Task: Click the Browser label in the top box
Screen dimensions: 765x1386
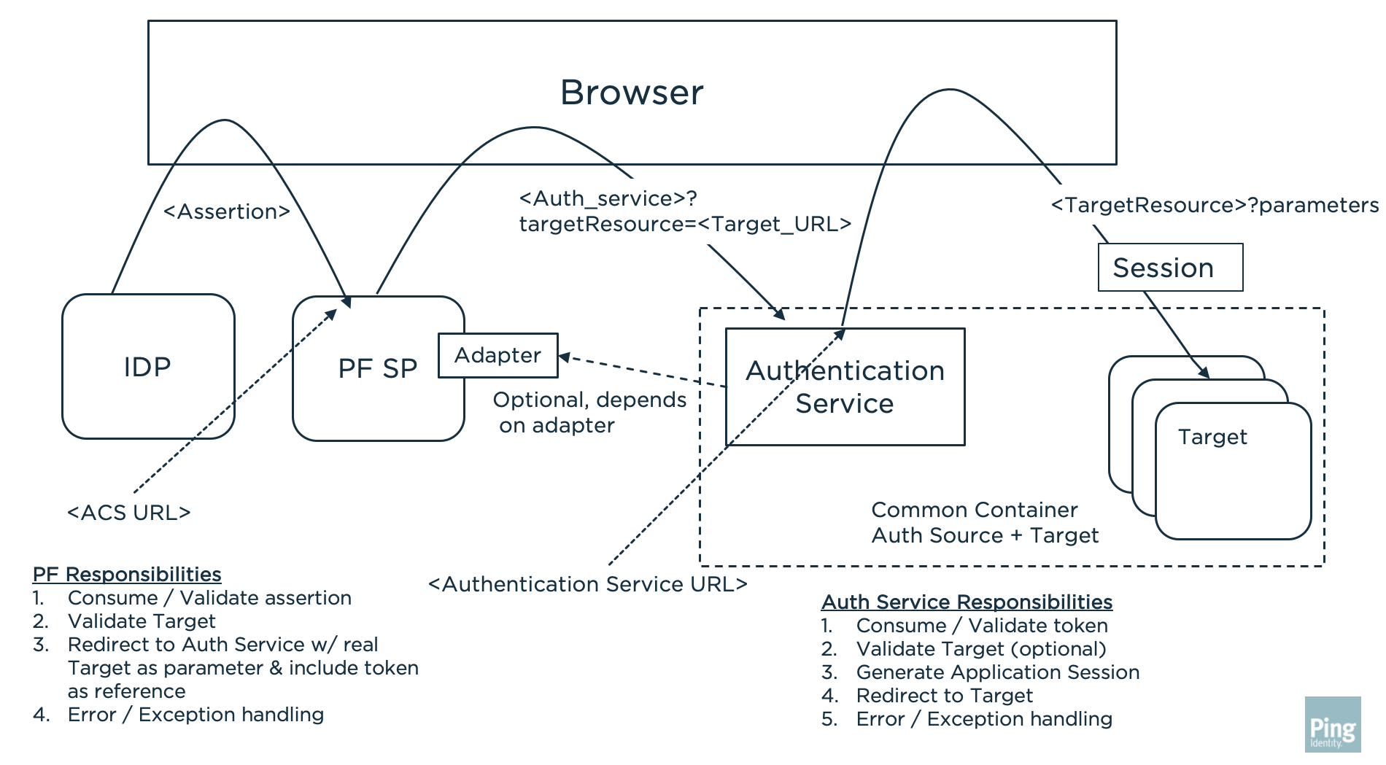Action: [632, 93]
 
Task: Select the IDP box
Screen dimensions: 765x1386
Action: [148, 366]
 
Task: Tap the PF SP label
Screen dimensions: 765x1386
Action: [377, 368]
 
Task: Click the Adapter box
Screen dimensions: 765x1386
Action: [498, 355]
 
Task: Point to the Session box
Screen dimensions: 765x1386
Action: [1169, 268]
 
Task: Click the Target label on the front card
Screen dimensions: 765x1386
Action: [1212, 437]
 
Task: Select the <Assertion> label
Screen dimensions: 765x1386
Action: [227, 211]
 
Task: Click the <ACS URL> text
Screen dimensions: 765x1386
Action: [129, 513]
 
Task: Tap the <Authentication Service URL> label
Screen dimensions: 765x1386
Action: [588, 584]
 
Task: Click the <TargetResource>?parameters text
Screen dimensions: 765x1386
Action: [1215, 205]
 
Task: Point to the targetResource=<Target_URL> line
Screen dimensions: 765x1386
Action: [685, 224]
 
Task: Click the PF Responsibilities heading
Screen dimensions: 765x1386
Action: [127, 574]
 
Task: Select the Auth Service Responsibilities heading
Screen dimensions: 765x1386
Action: [967, 602]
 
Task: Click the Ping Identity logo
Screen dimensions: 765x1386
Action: [1333, 725]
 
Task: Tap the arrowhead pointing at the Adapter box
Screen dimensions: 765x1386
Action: [564, 357]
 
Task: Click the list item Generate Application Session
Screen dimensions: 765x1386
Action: [997, 672]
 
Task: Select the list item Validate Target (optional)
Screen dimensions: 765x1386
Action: [980, 648]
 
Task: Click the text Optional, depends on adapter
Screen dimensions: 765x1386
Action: [589, 412]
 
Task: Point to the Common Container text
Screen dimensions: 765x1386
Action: [974, 510]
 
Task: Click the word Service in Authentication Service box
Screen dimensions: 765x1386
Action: [844, 403]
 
